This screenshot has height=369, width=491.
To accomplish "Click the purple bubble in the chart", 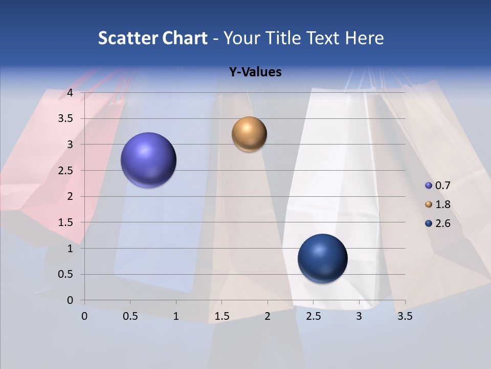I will click(149, 160).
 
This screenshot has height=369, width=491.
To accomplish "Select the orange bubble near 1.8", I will click(249, 134).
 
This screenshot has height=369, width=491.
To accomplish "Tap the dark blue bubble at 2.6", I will click(322, 259).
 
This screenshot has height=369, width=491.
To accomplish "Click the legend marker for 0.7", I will click(429, 185).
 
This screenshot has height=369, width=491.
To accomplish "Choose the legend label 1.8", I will click(443, 204).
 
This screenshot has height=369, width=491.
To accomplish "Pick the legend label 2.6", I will click(443, 223).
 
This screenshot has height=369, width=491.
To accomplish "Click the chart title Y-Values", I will click(255, 72).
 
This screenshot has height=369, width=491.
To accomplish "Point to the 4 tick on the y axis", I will click(70, 93).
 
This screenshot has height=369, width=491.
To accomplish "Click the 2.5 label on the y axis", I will click(66, 171).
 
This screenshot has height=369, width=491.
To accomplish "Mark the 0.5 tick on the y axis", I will click(66, 274).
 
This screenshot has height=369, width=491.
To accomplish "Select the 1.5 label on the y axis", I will click(66, 222).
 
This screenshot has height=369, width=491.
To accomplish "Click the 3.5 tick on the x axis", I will click(405, 316).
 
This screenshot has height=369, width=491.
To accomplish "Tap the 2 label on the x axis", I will click(267, 316).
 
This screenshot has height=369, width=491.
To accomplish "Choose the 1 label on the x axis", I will click(176, 316).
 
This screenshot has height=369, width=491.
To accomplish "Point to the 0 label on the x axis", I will click(84, 316).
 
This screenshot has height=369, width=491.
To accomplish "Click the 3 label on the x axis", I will click(359, 316).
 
